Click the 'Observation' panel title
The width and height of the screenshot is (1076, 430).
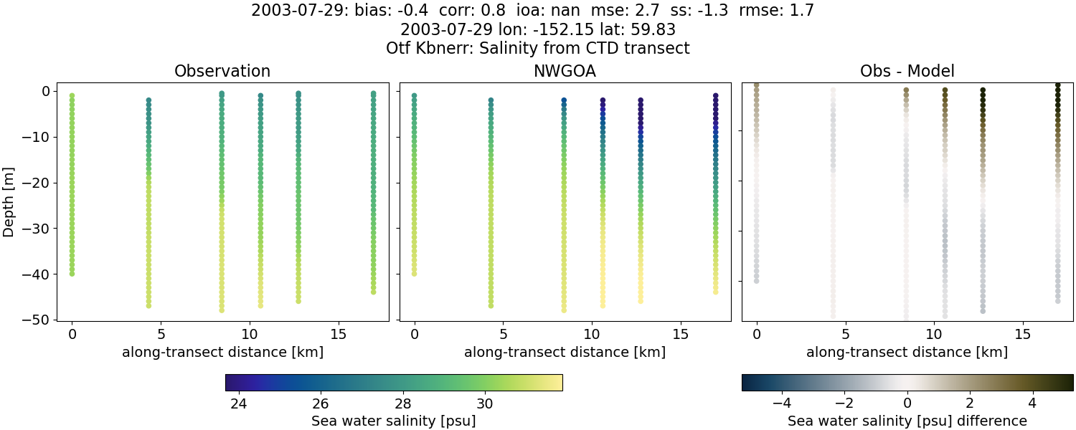[x=222, y=72]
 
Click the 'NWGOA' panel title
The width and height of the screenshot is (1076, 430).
[x=565, y=72]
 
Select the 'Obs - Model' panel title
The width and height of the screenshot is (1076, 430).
[x=907, y=72]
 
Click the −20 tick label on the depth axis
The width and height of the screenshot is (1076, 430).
[x=32, y=183]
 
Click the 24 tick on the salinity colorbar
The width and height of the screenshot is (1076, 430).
[x=239, y=403]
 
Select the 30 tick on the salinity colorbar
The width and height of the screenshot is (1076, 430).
[x=486, y=403]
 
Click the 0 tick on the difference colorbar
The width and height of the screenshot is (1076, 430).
[x=907, y=403]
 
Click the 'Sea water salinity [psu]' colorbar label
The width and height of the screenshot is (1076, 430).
[x=393, y=421]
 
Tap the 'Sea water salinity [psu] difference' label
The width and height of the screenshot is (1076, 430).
[x=907, y=421]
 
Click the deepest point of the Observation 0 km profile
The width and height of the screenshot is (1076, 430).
[x=72, y=273]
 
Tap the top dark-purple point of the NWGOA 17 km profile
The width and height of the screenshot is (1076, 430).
[x=715, y=95]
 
